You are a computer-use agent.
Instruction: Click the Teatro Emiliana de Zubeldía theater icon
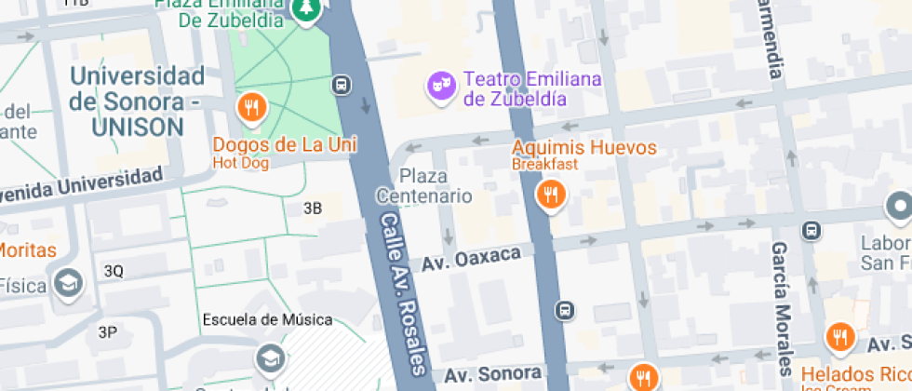(439, 87)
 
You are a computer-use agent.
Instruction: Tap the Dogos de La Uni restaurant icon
(251, 108)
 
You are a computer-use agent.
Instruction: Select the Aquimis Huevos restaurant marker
(551, 195)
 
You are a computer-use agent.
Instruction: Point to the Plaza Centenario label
(424, 185)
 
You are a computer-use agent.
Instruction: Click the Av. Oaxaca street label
(471, 260)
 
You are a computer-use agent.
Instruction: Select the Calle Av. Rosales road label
(403, 289)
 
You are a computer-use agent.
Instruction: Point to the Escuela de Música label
(267, 319)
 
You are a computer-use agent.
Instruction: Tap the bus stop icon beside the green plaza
(342, 85)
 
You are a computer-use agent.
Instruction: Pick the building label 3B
(313, 209)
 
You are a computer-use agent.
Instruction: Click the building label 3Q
(114, 271)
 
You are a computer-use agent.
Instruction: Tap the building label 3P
(108, 331)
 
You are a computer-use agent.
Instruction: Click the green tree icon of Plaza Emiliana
(304, 9)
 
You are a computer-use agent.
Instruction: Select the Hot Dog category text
(240, 163)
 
